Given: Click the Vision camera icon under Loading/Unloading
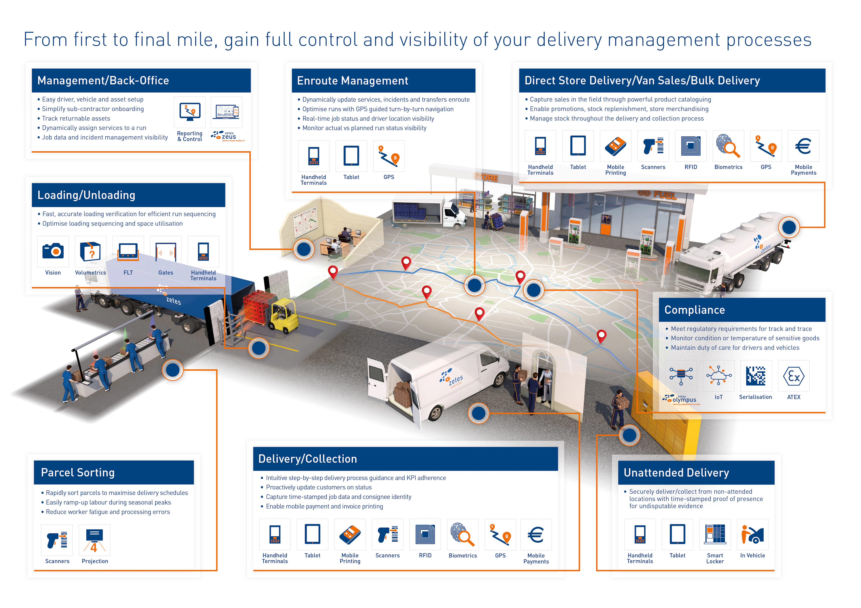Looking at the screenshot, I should tap(53, 251).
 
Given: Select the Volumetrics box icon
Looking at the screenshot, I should tap(90, 251).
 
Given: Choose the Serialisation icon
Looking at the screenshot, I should tap(756, 376).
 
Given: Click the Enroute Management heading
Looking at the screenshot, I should tap(352, 81).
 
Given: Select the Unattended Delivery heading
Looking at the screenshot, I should tap(676, 473).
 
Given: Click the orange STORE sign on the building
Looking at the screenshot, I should tap(486, 177).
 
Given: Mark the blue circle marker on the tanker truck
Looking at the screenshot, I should tap(789, 227).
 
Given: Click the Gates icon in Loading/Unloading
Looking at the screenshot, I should tap(166, 251).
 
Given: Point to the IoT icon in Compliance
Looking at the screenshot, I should tap(718, 376).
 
